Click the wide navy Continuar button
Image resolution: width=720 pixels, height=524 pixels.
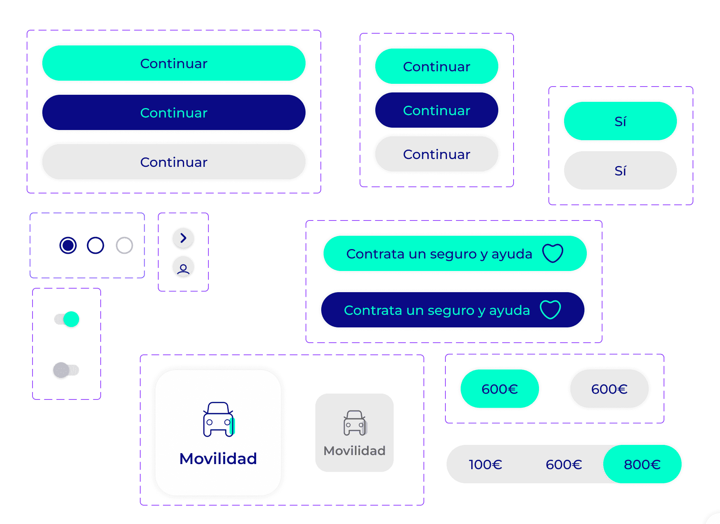pos(174,112)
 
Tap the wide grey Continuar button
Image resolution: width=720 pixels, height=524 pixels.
pos(174,162)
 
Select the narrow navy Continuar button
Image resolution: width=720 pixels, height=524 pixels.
pos(437,110)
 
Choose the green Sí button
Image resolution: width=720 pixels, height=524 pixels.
pos(621,121)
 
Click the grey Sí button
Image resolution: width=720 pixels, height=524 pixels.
pos(621,170)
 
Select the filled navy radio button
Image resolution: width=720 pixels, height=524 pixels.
pos(68,246)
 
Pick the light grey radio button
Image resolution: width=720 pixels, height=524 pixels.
pos(125,246)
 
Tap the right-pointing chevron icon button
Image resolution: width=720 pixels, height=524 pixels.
pos(183,238)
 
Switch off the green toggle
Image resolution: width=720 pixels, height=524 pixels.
pos(67,319)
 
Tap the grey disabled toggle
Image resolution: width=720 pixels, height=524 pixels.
pos(66,370)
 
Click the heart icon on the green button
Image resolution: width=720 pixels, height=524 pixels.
pos(553,253)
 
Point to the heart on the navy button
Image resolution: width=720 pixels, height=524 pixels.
pos(550,309)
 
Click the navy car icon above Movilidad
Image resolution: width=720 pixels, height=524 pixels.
pos(219,419)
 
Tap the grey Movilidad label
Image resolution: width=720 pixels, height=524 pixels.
pos(355,451)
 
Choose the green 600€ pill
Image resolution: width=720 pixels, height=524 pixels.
pos(500,388)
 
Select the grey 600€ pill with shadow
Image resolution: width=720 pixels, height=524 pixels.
pos(610,388)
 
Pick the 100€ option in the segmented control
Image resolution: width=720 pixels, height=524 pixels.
pos(486,464)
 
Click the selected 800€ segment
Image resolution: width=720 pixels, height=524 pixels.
pos(642,464)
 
